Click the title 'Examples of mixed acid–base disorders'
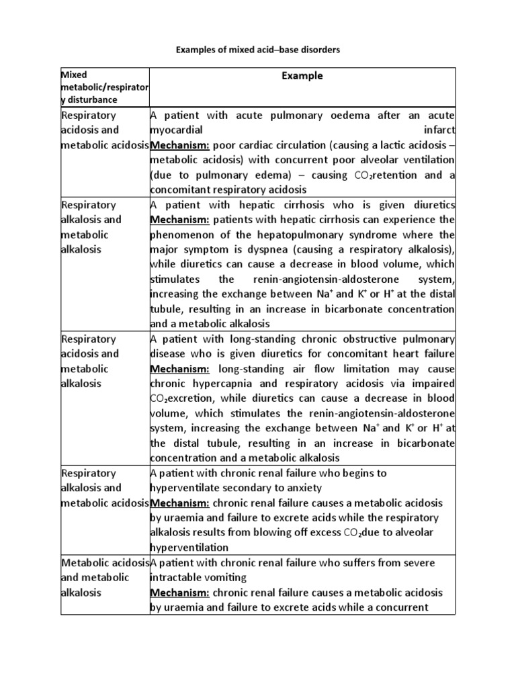[258, 50]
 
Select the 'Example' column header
[302, 76]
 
